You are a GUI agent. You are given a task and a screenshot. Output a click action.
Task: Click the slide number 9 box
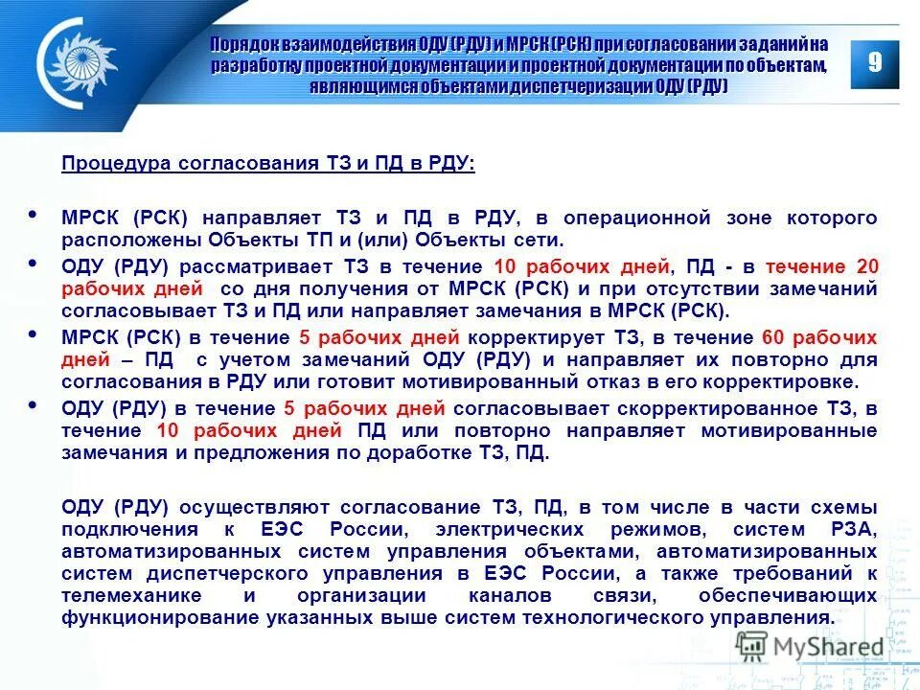(874, 64)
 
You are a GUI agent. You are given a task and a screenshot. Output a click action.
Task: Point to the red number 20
(867, 266)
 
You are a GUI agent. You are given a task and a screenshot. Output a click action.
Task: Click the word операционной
(636, 218)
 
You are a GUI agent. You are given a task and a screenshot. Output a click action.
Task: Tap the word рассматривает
(260, 266)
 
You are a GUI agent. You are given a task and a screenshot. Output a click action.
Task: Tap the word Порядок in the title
(242, 44)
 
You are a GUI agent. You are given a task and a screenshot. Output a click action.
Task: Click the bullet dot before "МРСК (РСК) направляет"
(35, 215)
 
